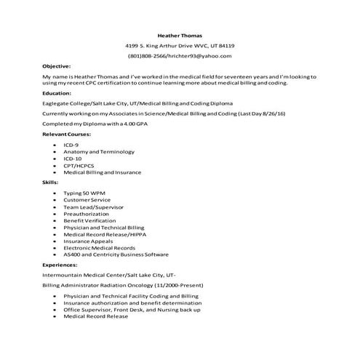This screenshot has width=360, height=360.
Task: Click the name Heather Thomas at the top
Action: click(x=180, y=35)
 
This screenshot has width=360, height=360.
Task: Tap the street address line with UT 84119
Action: click(x=180, y=46)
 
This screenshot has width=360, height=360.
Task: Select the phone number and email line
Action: click(x=180, y=56)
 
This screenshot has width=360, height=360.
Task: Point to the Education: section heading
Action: click(x=57, y=93)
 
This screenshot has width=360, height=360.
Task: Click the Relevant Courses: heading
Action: click(x=66, y=135)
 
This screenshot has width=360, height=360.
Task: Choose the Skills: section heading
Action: click(x=50, y=182)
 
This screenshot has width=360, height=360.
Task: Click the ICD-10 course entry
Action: click(x=73, y=158)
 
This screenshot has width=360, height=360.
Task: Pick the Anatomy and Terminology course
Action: click(x=95, y=151)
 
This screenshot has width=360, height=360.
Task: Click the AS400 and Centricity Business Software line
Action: click(x=116, y=255)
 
